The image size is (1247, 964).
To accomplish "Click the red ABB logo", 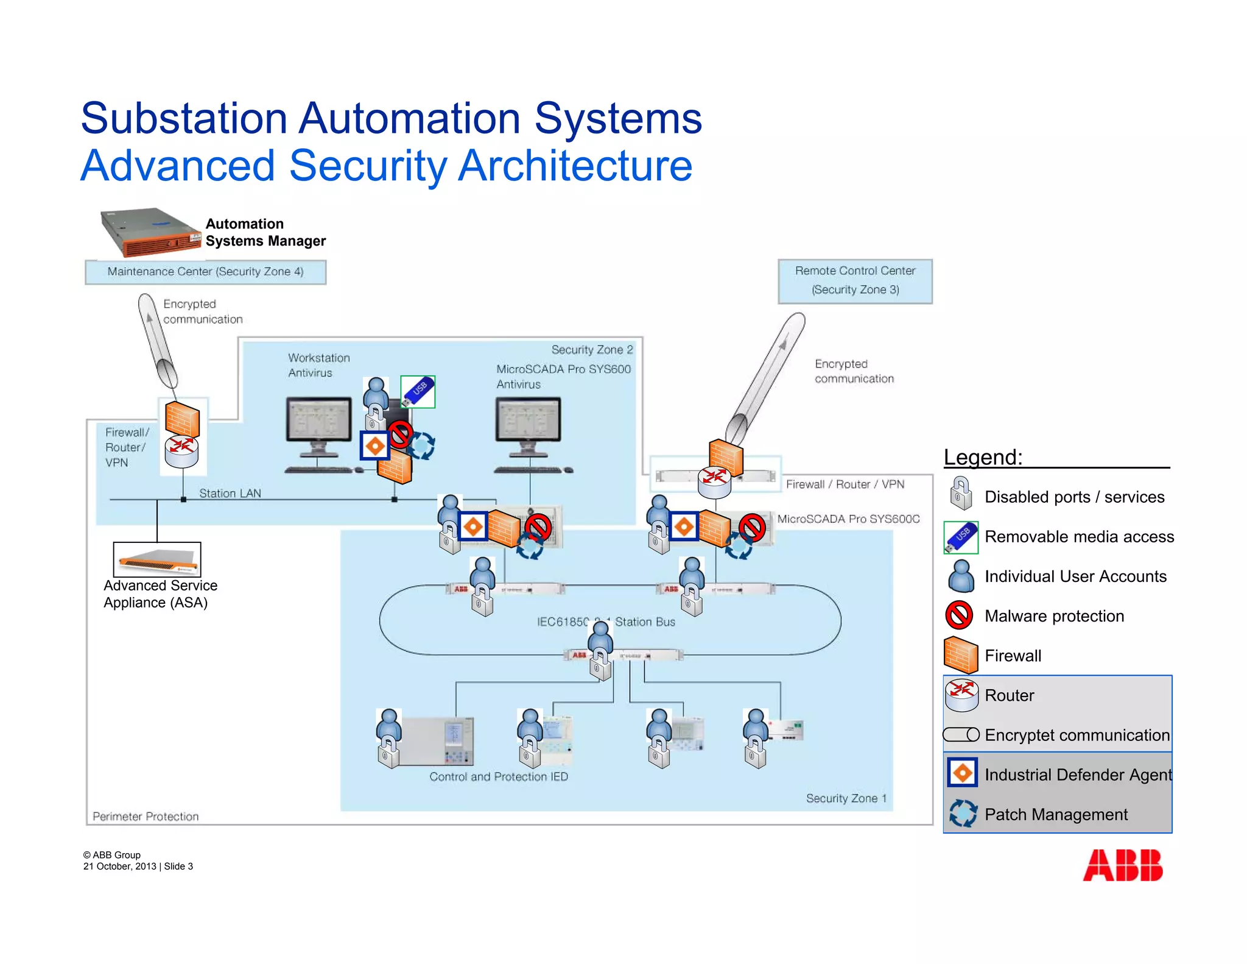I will pos(1122,865).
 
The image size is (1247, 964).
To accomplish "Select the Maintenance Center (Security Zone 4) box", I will pos(205,272).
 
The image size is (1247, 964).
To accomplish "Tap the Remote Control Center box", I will pos(855,281).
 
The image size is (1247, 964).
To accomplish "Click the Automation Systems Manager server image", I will pos(150,232).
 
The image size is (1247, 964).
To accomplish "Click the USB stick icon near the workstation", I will pos(418,391).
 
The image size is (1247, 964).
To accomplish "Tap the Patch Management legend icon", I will pos(963,814).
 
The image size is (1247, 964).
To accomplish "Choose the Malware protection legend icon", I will pos(960,615).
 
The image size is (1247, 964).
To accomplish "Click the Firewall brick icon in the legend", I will pos(960,656).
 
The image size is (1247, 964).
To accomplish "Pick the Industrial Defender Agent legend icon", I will pos(962,774).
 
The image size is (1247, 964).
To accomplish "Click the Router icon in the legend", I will pos(961,695).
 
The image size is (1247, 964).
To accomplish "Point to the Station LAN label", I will pos(230,493).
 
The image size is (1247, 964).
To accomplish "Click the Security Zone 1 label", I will pos(846,798).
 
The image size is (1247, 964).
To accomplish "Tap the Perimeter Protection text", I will pos(146,817).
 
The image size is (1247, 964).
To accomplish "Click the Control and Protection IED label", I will pos(498,777).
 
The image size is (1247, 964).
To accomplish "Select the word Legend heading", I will pos(983,457).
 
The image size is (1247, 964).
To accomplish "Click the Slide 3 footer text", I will pos(178,867).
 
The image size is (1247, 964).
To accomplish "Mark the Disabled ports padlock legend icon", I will pos(960,494).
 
